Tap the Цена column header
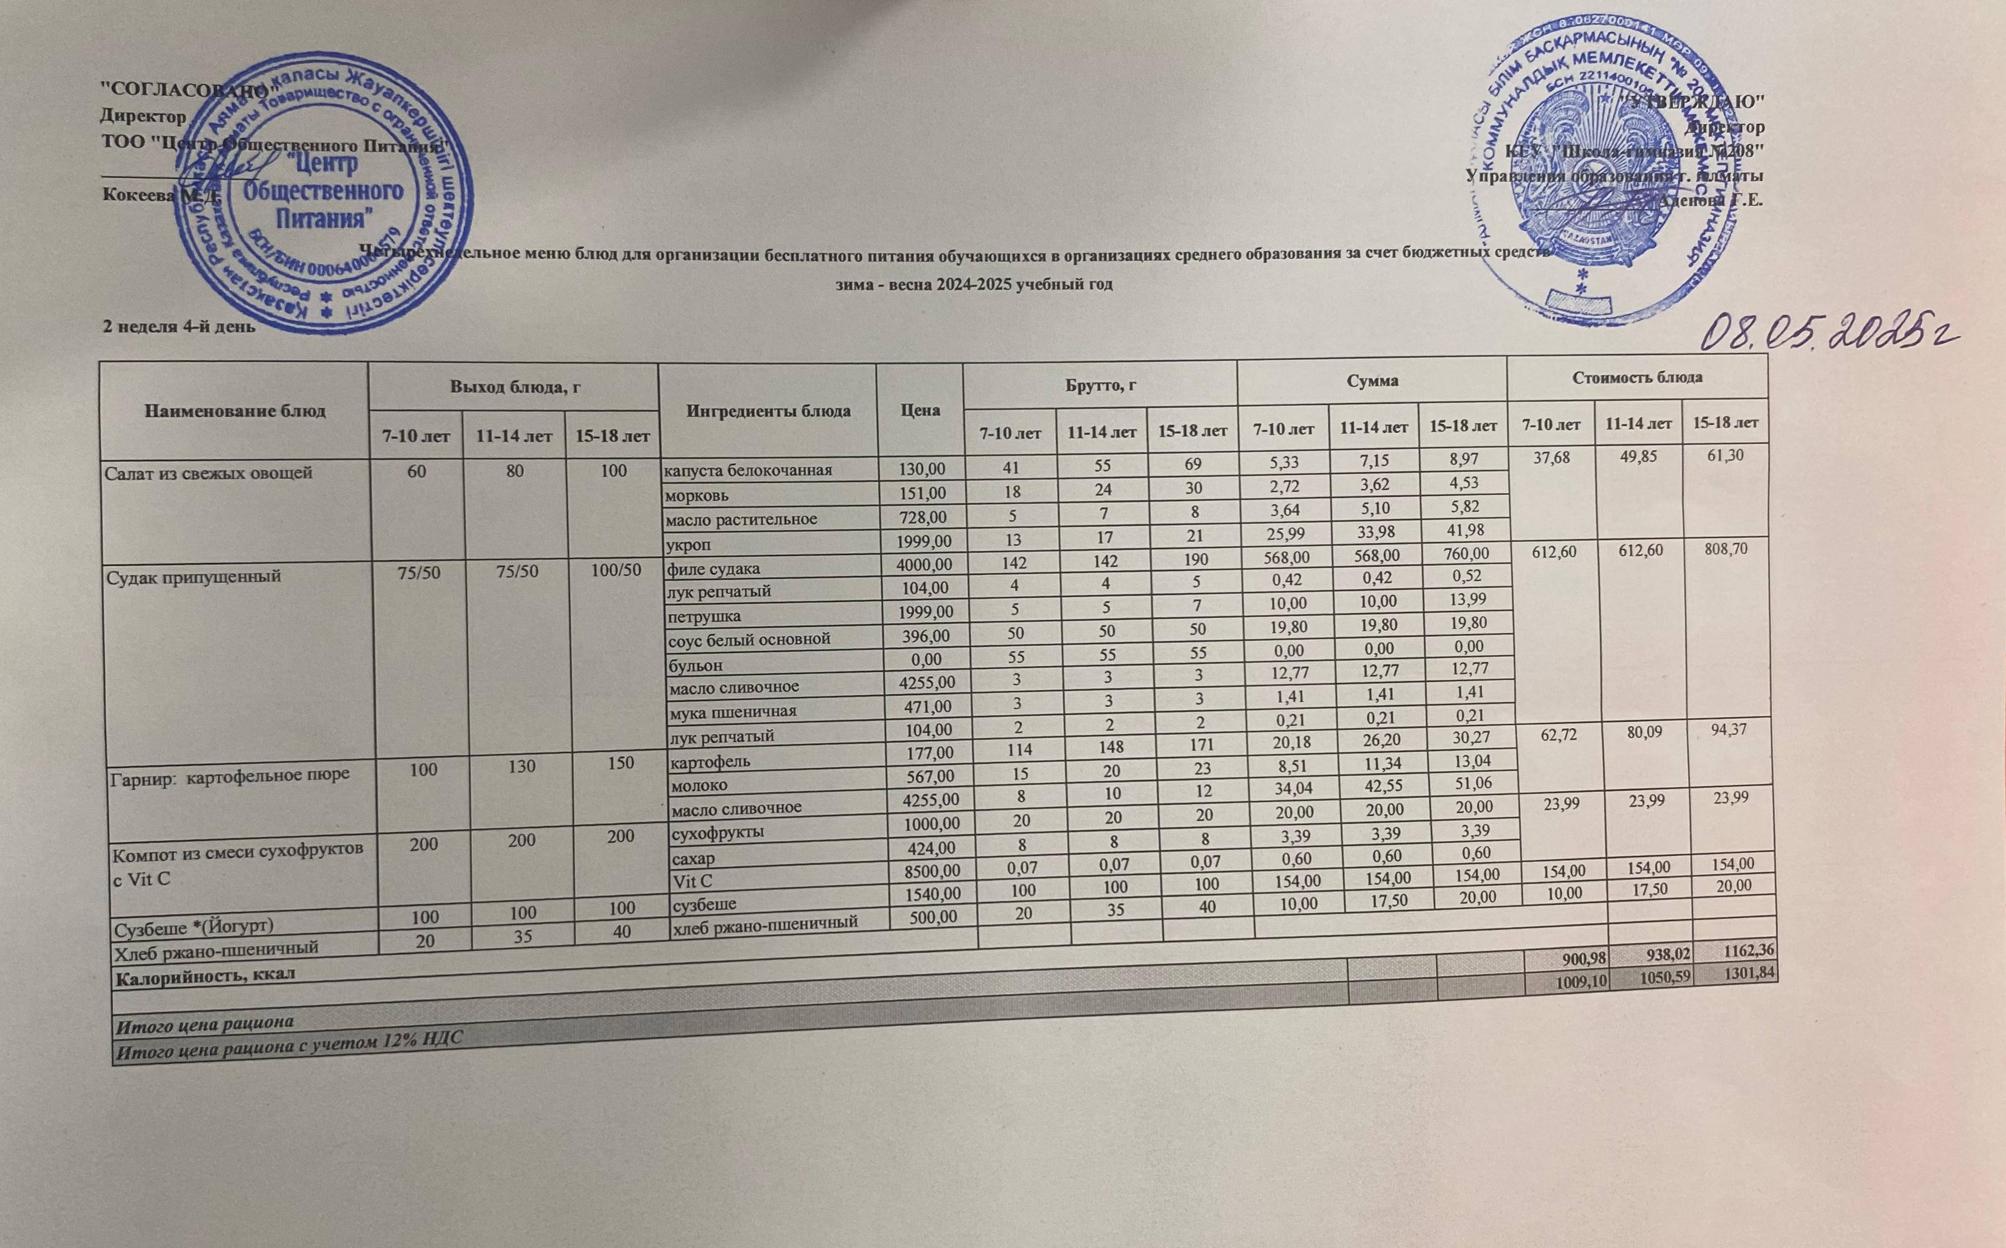click(920, 410)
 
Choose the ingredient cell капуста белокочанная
click(749, 471)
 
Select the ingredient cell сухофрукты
click(718, 831)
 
